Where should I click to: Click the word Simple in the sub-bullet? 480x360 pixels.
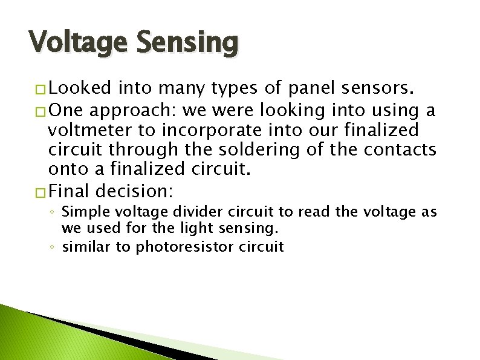[x=82, y=212]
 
